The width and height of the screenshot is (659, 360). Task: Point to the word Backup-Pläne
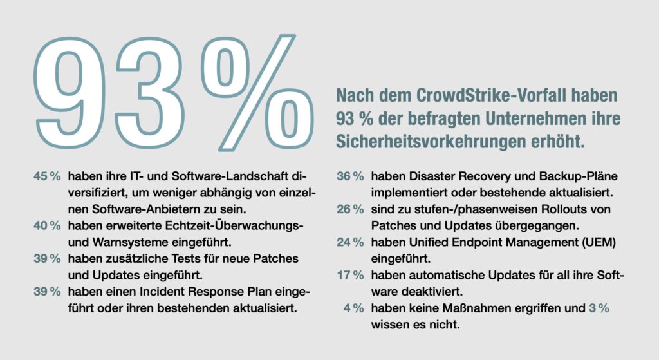[571, 176]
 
